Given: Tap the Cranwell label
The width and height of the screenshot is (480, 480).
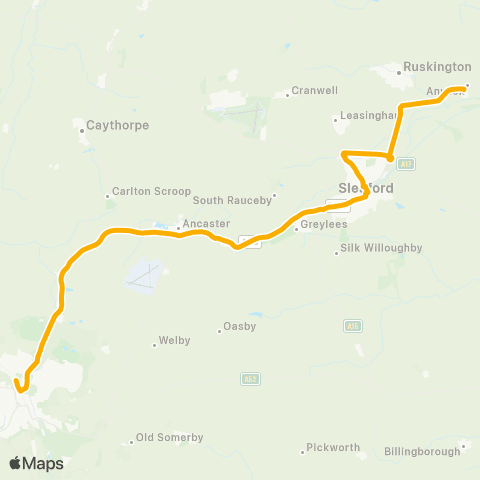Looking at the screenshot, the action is [x=316, y=91].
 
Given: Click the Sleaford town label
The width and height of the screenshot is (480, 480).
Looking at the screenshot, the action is [x=367, y=188].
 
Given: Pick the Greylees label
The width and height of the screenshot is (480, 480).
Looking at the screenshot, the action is [x=324, y=226].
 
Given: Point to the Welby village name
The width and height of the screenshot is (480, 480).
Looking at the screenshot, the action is [x=174, y=342].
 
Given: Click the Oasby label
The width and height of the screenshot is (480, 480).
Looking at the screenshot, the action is [x=241, y=326].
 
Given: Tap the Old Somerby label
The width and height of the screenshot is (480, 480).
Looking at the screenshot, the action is [x=169, y=437].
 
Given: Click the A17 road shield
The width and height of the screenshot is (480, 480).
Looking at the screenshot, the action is [x=407, y=162].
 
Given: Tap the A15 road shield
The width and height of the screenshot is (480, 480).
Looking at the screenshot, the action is [x=351, y=325].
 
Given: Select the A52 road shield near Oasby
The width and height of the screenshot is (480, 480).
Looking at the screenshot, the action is [x=249, y=378].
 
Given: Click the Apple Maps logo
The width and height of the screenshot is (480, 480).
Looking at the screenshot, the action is [x=36, y=463].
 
